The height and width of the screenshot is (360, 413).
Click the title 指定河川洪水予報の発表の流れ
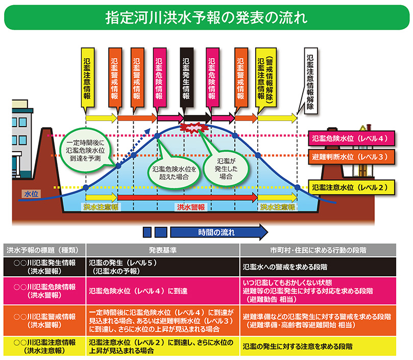pos(206,16)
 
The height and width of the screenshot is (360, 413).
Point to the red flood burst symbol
pos(194,127)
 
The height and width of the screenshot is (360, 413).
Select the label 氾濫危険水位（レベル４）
pos(351,138)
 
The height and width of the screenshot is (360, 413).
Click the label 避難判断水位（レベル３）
pos(351,156)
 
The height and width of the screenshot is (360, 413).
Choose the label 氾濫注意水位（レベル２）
pos(351,187)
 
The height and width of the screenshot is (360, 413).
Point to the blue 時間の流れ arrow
pos(216,232)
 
